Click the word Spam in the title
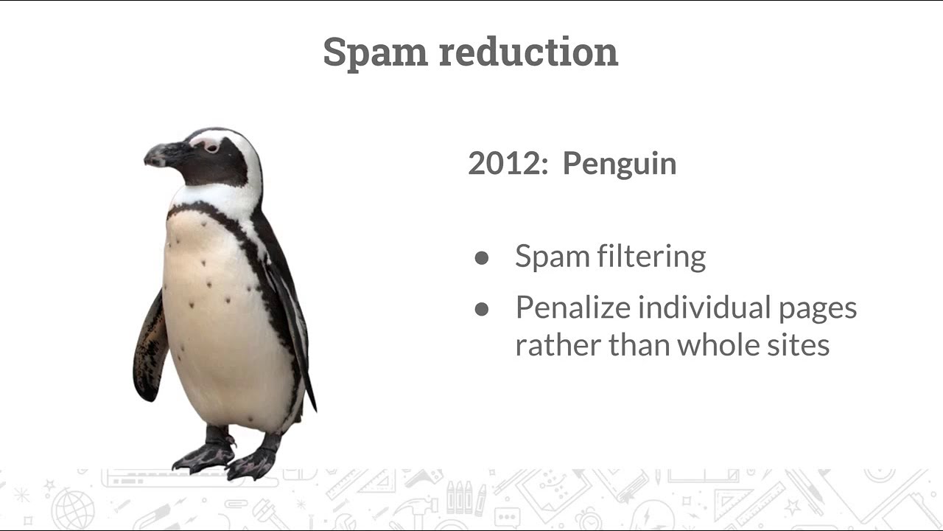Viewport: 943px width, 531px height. [x=375, y=52]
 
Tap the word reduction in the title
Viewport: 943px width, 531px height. [x=528, y=52]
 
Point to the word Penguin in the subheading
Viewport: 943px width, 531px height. [x=619, y=164]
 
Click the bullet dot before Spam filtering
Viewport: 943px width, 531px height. [x=482, y=257]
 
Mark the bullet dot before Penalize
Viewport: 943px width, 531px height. [x=482, y=309]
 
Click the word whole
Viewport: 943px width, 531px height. [x=720, y=344]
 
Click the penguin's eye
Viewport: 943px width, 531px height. [x=211, y=147]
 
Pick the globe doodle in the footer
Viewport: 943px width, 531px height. [x=73, y=509]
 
